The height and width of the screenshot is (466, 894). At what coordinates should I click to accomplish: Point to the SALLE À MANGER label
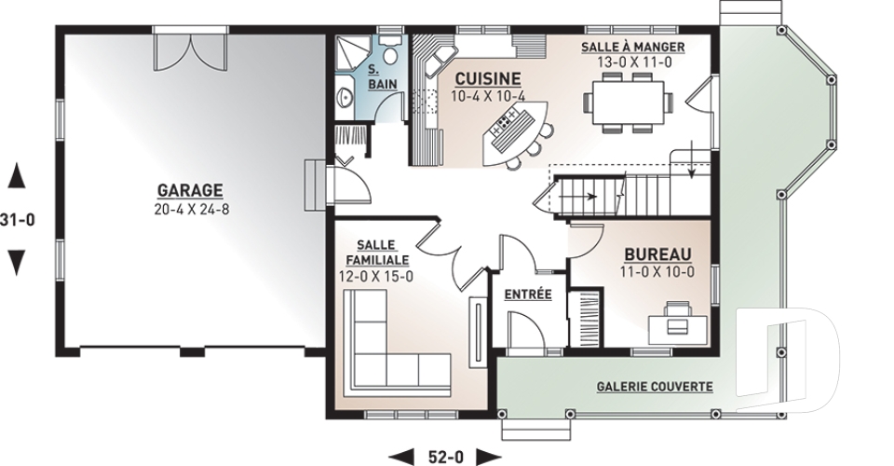(x=632, y=47)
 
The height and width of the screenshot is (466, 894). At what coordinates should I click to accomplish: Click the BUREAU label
(x=657, y=254)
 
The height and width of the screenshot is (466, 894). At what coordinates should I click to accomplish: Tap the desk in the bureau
(x=677, y=321)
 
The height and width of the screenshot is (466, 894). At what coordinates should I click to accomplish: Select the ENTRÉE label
(x=527, y=295)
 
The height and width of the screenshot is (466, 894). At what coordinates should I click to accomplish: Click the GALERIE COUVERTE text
(x=655, y=386)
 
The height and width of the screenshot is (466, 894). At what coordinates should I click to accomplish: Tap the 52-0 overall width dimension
(x=443, y=456)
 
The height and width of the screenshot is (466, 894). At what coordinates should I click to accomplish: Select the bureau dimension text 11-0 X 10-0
(x=657, y=272)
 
